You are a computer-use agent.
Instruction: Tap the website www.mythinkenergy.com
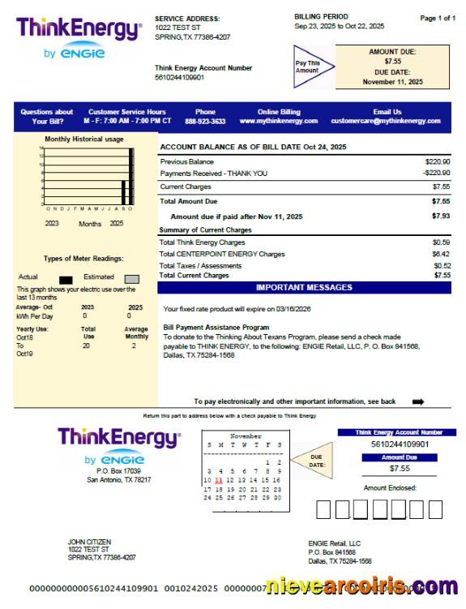(x=278, y=121)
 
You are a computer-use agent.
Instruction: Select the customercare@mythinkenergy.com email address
(x=386, y=121)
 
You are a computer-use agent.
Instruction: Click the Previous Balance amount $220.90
(x=437, y=162)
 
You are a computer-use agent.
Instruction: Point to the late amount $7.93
(x=440, y=217)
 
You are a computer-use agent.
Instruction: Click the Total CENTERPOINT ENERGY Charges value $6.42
(x=441, y=254)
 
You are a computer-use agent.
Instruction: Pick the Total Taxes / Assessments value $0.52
(x=441, y=265)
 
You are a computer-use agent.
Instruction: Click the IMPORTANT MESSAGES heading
(x=304, y=287)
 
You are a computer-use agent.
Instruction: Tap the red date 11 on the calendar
(x=219, y=479)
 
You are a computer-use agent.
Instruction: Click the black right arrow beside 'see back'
(x=418, y=401)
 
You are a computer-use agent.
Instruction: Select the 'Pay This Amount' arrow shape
(x=310, y=66)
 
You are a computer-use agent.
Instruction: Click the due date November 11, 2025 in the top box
(x=392, y=82)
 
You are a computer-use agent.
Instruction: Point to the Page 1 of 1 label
(x=438, y=18)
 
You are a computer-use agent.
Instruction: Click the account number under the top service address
(x=179, y=78)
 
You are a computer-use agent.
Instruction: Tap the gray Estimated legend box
(x=131, y=279)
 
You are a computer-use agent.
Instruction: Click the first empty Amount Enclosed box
(x=323, y=509)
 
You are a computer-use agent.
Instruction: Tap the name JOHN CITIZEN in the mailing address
(x=89, y=542)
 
